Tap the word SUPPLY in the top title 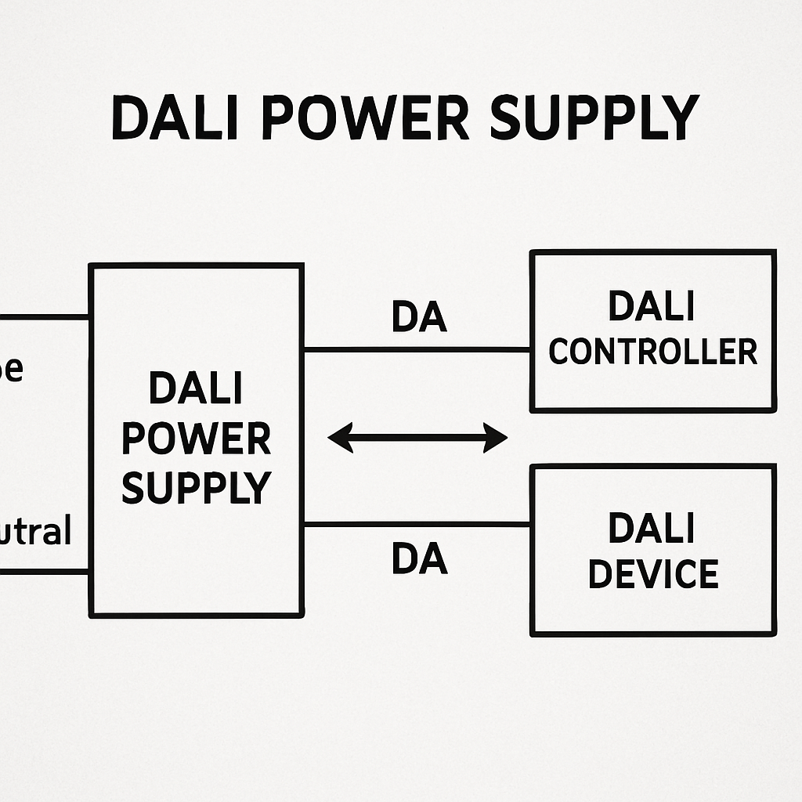(x=593, y=117)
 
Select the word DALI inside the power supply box (x=196, y=389)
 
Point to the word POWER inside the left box (x=196, y=439)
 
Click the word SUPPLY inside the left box (x=196, y=486)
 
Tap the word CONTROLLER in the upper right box (x=652, y=352)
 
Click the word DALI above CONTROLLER (x=652, y=306)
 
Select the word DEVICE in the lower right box (x=652, y=574)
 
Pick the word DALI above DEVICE (x=652, y=529)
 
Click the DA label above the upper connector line (x=419, y=317)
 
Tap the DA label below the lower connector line (x=419, y=559)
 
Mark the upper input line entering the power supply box (x=44, y=317)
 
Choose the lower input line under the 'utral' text (x=44, y=572)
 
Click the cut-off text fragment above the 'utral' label (x=11, y=369)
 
